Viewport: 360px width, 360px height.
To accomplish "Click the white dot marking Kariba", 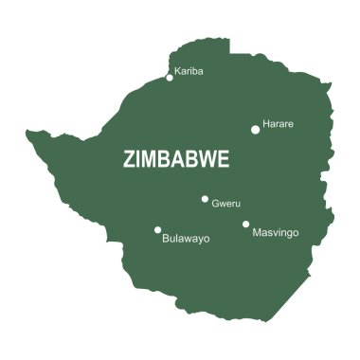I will tap(170, 78).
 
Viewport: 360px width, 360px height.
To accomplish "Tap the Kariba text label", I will tap(189, 70).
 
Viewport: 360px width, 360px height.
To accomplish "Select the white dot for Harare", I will tap(255, 130).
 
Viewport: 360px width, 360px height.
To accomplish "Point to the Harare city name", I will tap(279, 124).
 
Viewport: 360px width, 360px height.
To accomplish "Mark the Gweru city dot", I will tap(205, 199).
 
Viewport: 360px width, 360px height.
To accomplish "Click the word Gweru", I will tap(226, 204).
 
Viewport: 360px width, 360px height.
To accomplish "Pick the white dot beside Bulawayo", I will tap(157, 229).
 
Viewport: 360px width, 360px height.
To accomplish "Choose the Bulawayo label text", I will tap(186, 239).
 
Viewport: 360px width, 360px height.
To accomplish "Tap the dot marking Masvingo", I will tap(245, 225).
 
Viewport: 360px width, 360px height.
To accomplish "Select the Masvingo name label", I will tap(276, 232).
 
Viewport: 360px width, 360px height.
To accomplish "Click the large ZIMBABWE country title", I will tap(176, 160).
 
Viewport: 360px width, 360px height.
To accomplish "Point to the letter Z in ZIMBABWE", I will tap(129, 160).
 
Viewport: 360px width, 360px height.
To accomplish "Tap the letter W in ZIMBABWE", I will tap(207, 160).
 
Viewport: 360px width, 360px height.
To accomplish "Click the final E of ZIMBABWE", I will tap(224, 160).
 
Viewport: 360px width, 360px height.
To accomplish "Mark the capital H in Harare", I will tap(266, 124).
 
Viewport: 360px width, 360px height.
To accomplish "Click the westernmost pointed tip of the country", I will tap(27, 133).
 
